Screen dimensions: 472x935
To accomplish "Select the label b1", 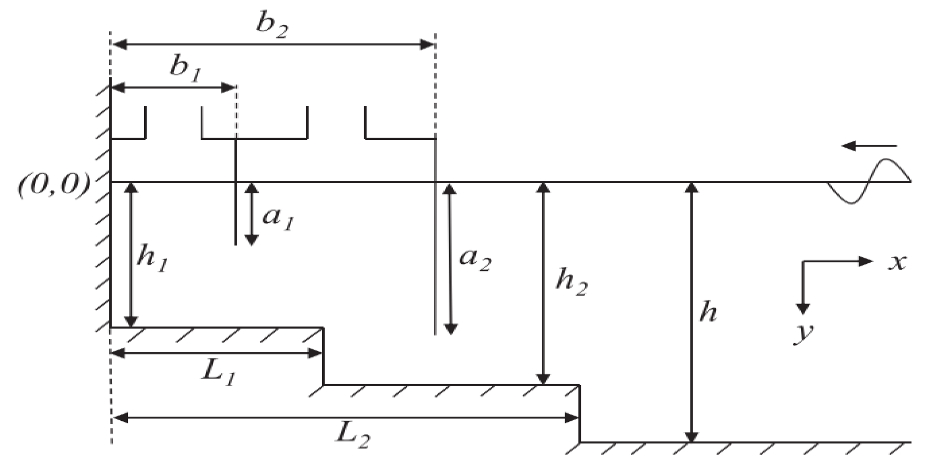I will [x=186, y=69].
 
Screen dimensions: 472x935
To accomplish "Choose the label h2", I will [x=571, y=282].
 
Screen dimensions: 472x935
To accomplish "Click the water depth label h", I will [x=708, y=313].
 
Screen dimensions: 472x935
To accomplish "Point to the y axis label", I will [x=804, y=333].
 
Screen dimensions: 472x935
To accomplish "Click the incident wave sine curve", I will [x=869, y=181].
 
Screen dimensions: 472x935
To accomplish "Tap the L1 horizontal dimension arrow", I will [x=217, y=354].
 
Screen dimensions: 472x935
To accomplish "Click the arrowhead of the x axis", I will [x=866, y=261].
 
